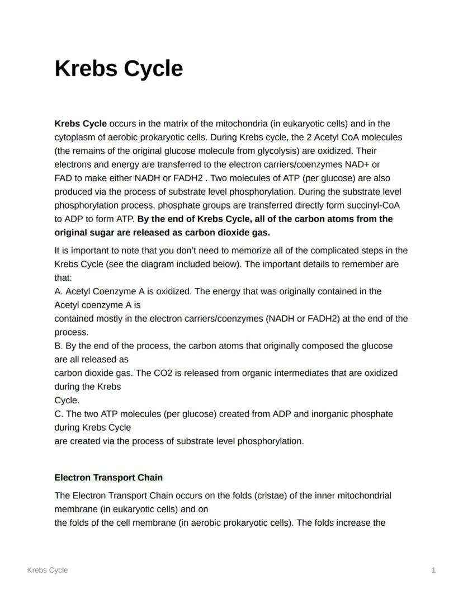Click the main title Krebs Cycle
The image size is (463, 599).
click(x=119, y=69)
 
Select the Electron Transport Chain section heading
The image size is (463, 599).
click(x=108, y=477)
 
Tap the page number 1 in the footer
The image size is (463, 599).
click(x=433, y=570)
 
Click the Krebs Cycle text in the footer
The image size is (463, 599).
click(x=48, y=570)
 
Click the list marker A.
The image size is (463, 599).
click(x=58, y=291)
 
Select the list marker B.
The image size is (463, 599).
click(x=58, y=346)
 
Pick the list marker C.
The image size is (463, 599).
click(x=58, y=414)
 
